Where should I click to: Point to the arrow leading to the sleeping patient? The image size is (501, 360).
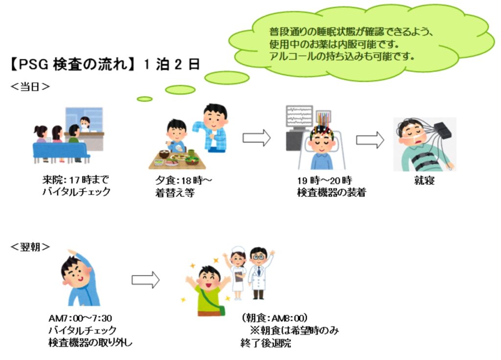(x=370, y=140)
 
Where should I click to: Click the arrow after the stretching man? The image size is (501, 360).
(x=145, y=280)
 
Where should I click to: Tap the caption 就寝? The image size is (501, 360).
(x=424, y=181)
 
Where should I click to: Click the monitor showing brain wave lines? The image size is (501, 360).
(x=299, y=119)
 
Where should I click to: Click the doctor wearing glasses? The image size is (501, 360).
(x=258, y=271)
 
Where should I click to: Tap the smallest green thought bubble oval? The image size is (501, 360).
(x=144, y=99)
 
